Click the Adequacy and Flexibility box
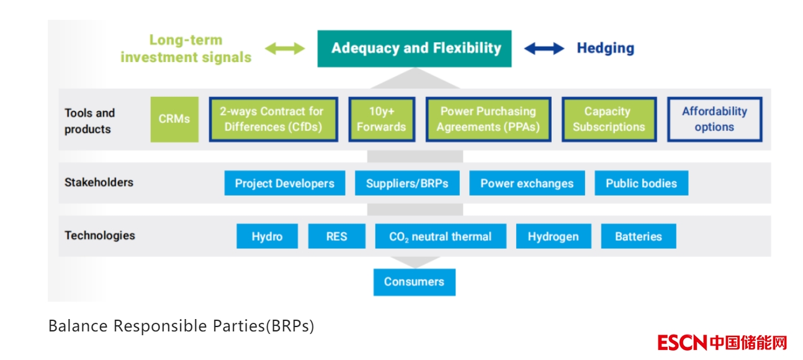coord(414,48)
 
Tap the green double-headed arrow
coord(285,48)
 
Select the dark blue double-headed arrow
coord(544,48)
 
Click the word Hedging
coord(605,48)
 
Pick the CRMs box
coord(174,119)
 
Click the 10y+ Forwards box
coord(381,119)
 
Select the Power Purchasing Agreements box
coord(488,119)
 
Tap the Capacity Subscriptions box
coord(609,119)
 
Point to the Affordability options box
coord(714,119)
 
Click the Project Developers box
coord(284,184)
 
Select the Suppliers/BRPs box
coord(407,184)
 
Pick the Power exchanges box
coord(527,184)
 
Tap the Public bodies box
coord(641,184)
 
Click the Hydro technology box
coord(267,236)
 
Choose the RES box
coord(336,236)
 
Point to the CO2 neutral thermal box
coord(440,236)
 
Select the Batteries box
coord(638,236)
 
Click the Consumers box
coord(414,282)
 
